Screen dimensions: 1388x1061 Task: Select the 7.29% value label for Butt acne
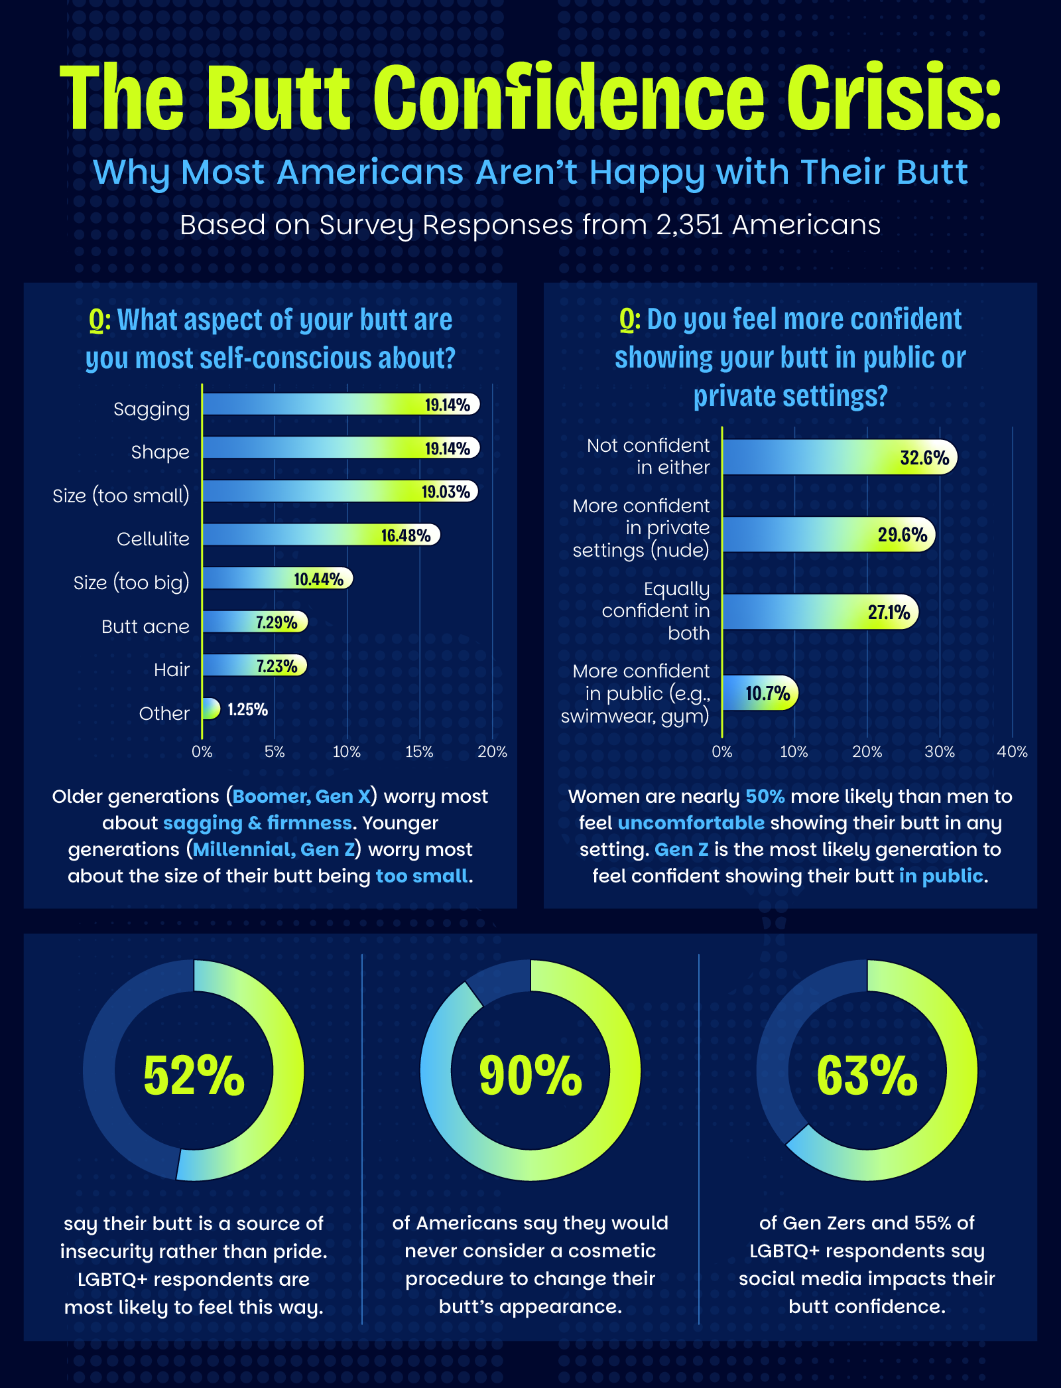pos(277,622)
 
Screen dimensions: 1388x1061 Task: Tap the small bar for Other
pos(210,709)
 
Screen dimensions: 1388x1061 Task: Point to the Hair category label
pos(172,670)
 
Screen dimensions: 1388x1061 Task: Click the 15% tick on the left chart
pos(419,752)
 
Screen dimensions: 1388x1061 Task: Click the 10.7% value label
pos(767,694)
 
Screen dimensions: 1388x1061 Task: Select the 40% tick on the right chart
pos(1012,752)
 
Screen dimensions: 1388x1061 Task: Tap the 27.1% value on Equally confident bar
pos(889,612)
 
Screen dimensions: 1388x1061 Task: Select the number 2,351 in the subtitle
pos(690,225)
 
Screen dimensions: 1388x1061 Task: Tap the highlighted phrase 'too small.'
pos(424,876)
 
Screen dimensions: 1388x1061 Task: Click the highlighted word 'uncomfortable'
pos(691,823)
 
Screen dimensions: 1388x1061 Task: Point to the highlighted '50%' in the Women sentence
pos(765,797)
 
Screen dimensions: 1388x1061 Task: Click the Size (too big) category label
pos(131,583)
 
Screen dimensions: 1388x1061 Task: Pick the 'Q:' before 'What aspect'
pos(99,320)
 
